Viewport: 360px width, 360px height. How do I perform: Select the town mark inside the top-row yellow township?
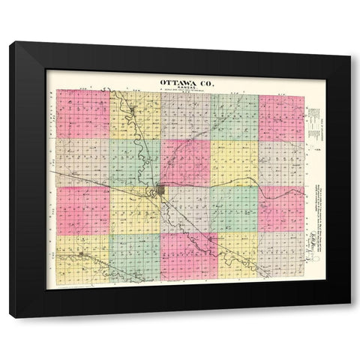click(133, 112)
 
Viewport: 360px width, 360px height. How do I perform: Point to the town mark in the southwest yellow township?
click(81, 255)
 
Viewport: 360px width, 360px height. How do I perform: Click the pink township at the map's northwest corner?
click(82, 114)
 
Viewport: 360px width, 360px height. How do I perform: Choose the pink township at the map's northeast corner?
click(281, 117)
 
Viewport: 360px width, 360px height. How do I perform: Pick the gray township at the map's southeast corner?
click(281, 255)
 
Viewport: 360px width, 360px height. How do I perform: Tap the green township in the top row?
click(234, 117)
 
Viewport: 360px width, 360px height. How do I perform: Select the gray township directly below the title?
click(184, 115)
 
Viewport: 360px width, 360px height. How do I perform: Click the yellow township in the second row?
click(234, 163)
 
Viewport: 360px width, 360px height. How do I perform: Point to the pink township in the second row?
click(184, 163)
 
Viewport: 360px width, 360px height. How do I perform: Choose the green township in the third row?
click(234, 209)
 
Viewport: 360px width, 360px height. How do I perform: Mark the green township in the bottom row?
click(135, 255)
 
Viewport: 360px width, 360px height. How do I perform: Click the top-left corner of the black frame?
click(10, 43)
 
